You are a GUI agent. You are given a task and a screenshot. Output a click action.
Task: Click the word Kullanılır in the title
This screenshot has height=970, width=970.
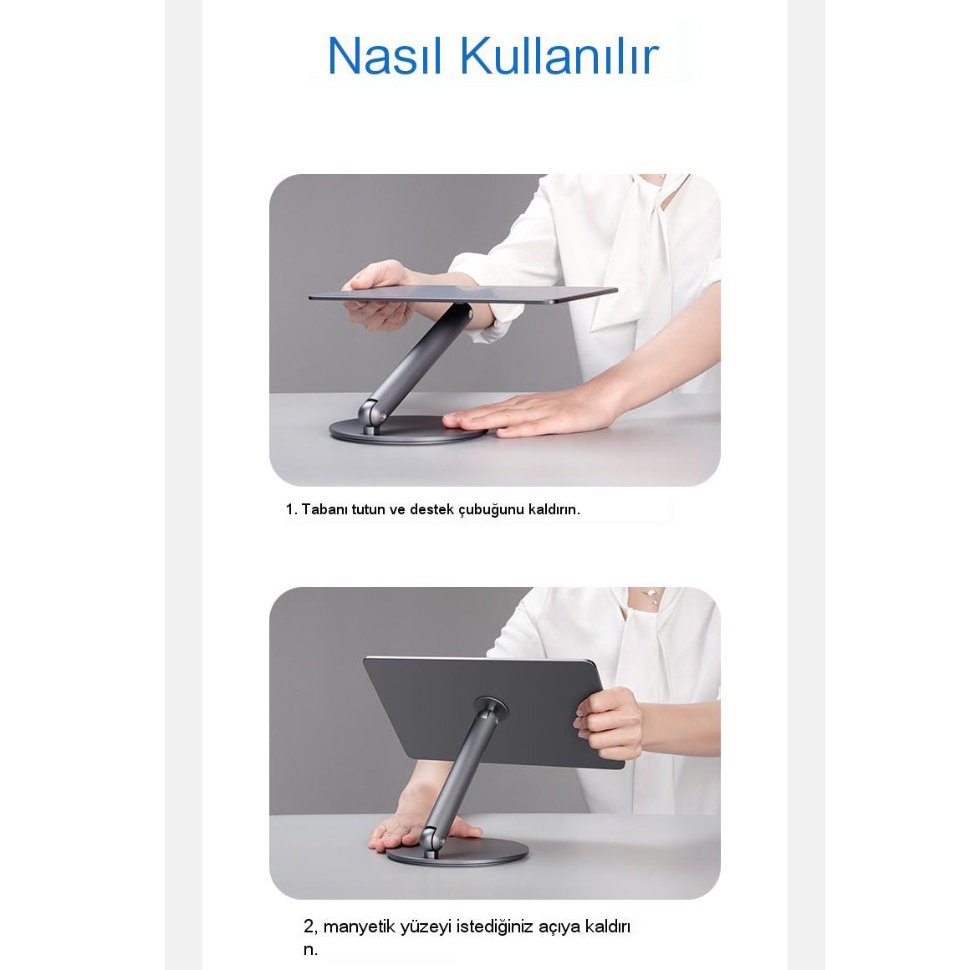pyautogui.click(x=559, y=56)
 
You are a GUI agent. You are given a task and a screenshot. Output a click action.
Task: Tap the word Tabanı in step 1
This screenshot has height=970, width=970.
pyautogui.click(x=324, y=509)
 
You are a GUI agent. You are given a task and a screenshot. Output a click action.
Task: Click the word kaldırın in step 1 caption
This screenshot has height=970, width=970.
pyautogui.click(x=554, y=509)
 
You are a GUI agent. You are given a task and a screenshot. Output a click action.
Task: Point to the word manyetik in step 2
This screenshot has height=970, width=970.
pyautogui.click(x=359, y=927)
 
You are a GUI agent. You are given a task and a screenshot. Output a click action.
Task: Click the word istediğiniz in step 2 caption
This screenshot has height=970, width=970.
pyautogui.click(x=494, y=927)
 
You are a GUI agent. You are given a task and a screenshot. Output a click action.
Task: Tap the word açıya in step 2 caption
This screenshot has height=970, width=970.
pyautogui.click(x=559, y=927)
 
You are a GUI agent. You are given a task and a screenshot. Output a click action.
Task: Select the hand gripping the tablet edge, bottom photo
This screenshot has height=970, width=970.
pyautogui.click(x=609, y=723)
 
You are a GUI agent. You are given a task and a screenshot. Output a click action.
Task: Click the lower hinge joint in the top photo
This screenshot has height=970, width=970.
pyautogui.click(x=371, y=414)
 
